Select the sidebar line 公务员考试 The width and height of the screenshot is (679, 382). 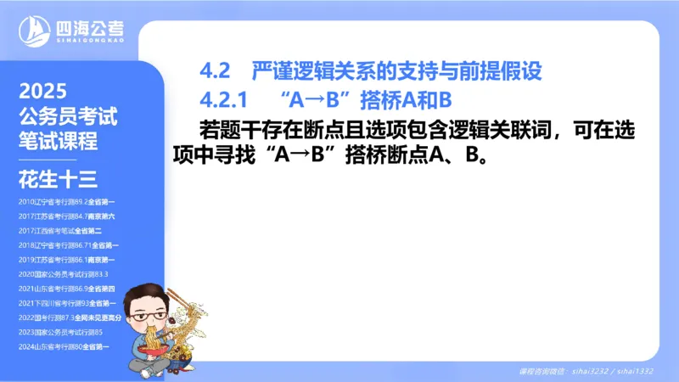pyautogui.click(x=66, y=116)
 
